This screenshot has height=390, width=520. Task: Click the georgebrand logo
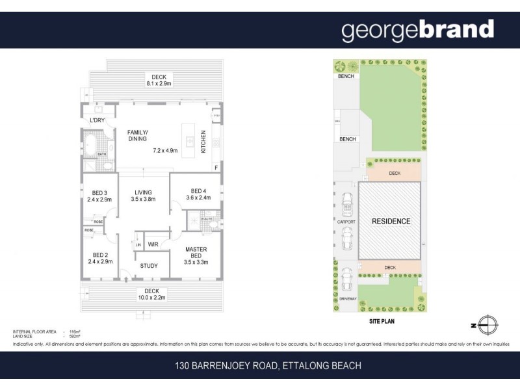[x=418, y=30]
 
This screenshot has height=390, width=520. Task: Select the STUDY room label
[x=149, y=265]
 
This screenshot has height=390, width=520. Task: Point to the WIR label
[x=153, y=244]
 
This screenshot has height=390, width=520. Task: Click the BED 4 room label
[x=196, y=194]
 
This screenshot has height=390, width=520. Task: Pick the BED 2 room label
[x=99, y=258]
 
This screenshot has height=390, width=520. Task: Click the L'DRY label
[x=97, y=121]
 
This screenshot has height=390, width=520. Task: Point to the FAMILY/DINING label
[x=137, y=135]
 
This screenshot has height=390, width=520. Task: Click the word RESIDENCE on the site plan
[x=391, y=222]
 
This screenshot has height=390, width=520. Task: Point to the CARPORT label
[x=346, y=222]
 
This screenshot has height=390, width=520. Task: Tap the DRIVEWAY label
[x=348, y=298]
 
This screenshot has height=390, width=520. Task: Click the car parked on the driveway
[x=348, y=279]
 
